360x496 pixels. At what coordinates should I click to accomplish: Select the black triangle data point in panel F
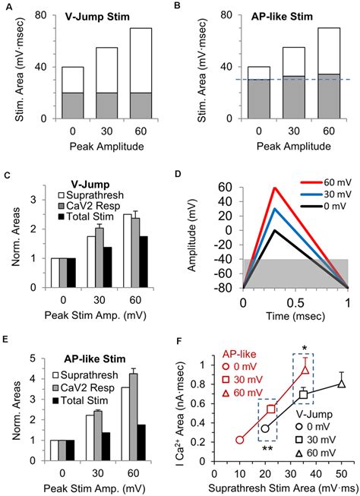pyautogui.click(x=341, y=382)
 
